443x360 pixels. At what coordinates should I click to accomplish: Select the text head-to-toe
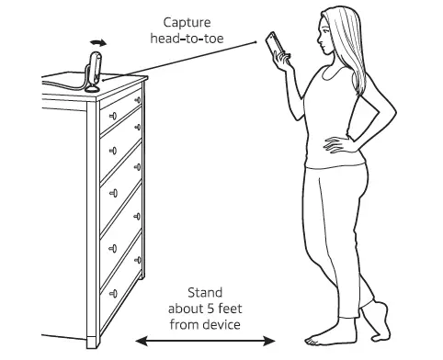tap(193, 39)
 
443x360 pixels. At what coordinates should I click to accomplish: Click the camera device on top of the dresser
tap(92, 68)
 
